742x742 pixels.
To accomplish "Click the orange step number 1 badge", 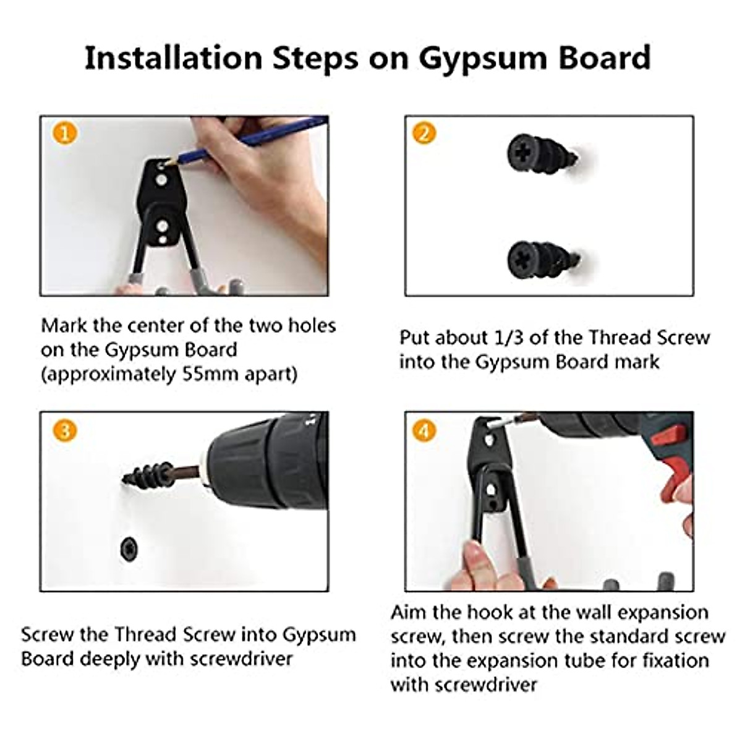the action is (65, 134).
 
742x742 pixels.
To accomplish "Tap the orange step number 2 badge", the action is (424, 134).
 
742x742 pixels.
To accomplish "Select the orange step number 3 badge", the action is (65, 430).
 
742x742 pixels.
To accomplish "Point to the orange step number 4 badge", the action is (424, 430).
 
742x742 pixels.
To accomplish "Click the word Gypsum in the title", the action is (483, 59).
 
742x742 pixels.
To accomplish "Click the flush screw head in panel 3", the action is (129, 550).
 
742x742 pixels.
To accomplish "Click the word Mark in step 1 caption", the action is (64, 326).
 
